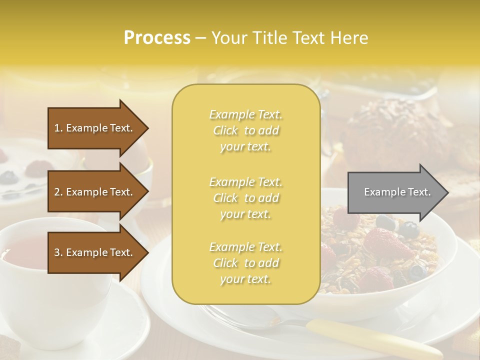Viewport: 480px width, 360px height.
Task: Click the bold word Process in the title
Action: point(157,38)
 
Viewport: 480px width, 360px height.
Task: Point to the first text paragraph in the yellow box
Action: point(245,130)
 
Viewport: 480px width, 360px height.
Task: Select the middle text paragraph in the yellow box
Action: point(245,198)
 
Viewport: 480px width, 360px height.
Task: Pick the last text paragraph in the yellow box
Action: point(245,263)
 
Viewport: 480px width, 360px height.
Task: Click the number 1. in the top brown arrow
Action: point(58,128)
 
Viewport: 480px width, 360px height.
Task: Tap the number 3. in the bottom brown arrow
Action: point(58,252)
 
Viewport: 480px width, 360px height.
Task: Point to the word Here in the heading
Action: point(350,38)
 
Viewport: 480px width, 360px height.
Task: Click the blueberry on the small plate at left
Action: point(8,176)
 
